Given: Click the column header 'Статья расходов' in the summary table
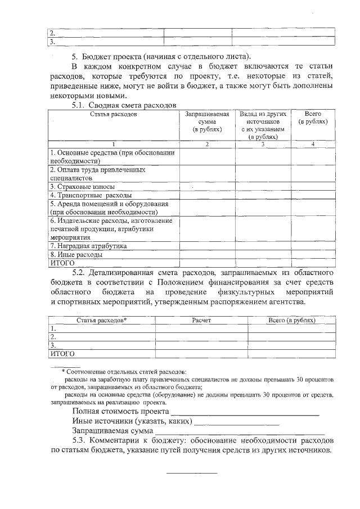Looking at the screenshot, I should pyautogui.click(x=113, y=114).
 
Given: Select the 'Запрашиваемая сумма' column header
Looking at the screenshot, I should pyautogui.click(x=207, y=121).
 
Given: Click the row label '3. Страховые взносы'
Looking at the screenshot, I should pyautogui.click(x=83, y=186).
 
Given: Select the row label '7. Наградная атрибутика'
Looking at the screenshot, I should pyautogui.click(x=88, y=246).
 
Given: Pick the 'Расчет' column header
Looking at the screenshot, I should pyautogui.click(x=201, y=320).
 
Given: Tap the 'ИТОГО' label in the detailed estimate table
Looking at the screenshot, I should pyautogui.click(x=63, y=354).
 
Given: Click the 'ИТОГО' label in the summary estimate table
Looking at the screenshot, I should pyautogui.click(x=63, y=263).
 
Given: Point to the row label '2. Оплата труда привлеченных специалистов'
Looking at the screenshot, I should pyautogui.click(x=97, y=173).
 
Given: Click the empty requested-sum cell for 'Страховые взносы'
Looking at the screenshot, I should pyautogui.click(x=207, y=186).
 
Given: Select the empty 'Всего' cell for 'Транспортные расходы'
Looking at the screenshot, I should pyautogui.click(x=313, y=195).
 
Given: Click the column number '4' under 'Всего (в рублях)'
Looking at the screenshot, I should pyautogui.click(x=313, y=145).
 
